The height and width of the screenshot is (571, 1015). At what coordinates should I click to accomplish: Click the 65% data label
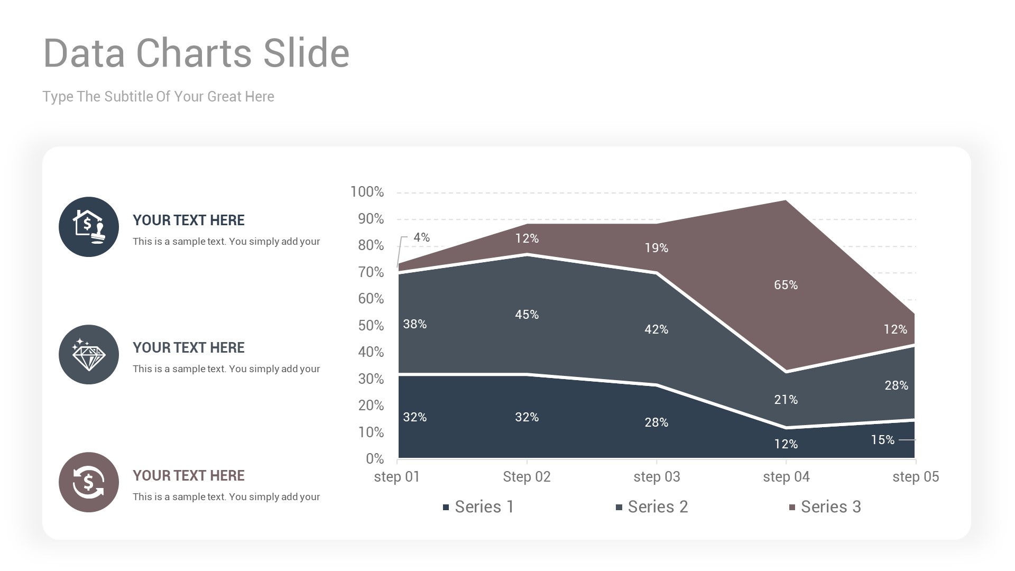(x=786, y=285)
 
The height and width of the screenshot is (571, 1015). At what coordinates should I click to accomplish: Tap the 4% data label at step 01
(x=421, y=237)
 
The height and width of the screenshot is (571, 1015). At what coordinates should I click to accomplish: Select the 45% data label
(x=527, y=315)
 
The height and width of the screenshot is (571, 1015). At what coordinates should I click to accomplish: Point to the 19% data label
(x=656, y=248)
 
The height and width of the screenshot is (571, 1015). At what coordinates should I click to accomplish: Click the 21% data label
(x=786, y=400)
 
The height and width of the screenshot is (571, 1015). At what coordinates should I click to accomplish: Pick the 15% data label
(x=882, y=440)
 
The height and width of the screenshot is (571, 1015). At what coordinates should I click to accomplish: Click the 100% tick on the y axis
(x=367, y=192)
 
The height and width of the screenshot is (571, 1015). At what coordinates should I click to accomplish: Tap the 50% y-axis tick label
(x=371, y=326)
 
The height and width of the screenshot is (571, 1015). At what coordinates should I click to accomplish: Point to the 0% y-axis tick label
(x=374, y=459)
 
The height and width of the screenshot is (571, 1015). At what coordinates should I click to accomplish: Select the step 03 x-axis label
(x=657, y=477)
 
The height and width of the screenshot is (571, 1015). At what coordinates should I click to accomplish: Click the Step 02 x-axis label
(x=527, y=477)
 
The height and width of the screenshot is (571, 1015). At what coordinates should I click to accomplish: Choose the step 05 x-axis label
(x=916, y=477)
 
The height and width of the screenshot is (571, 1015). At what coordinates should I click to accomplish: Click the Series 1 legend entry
(x=478, y=507)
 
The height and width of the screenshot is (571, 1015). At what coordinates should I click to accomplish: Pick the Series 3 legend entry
(x=825, y=507)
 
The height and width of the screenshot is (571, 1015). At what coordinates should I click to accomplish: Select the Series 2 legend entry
(x=652, y=507)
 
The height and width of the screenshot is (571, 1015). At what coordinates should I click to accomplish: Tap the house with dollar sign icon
(x=89, y=227)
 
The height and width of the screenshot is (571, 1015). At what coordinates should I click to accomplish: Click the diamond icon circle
(x=89, y=355)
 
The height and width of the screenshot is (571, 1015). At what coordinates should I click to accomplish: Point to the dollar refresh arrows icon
(x=89, y=482)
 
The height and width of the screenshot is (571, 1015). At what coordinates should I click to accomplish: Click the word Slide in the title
(x=306, y=53)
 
